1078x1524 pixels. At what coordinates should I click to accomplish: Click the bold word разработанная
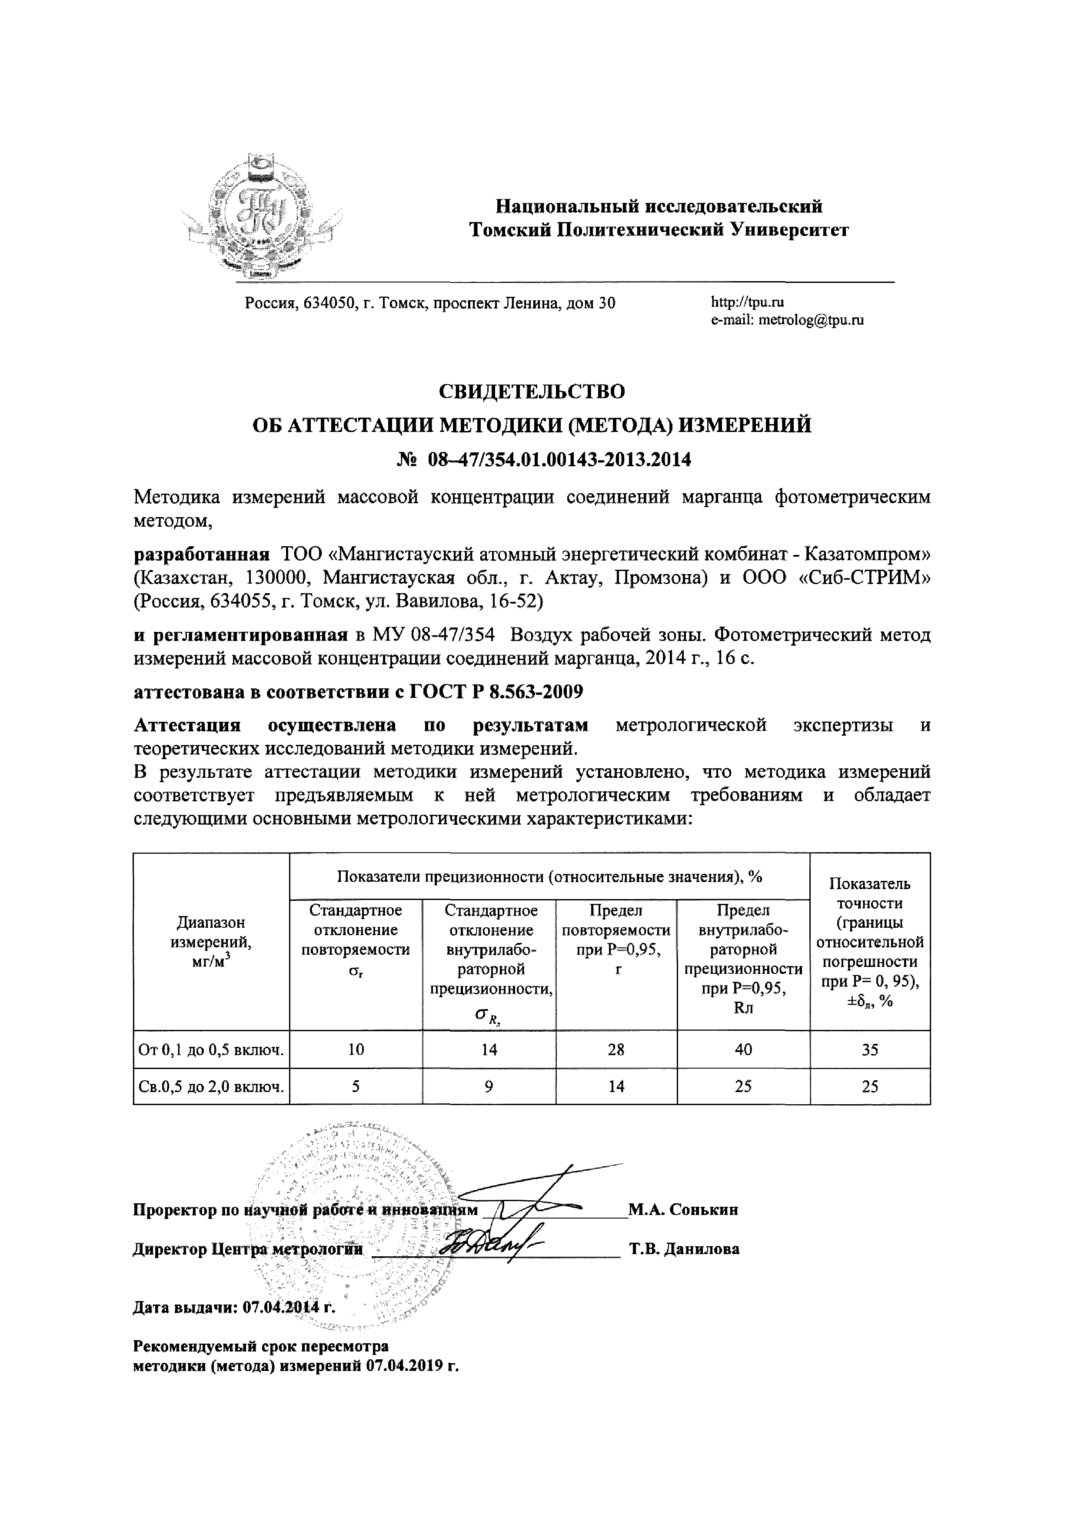click(202, 554)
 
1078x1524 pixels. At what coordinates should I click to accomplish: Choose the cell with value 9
click(489, 1086)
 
